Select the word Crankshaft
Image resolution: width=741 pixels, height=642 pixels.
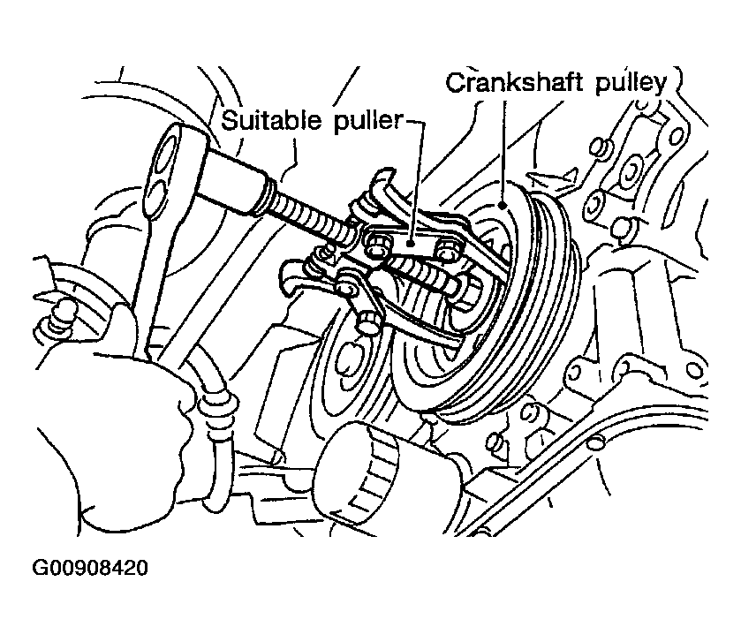tap(514, 83)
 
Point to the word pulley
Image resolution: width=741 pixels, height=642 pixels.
tap(631, 85)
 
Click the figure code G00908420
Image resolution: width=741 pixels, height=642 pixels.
tap(90, 567)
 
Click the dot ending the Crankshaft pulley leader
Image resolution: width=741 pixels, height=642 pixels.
tap(503, 205)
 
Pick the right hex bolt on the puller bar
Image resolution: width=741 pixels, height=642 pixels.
tap(447, 249)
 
